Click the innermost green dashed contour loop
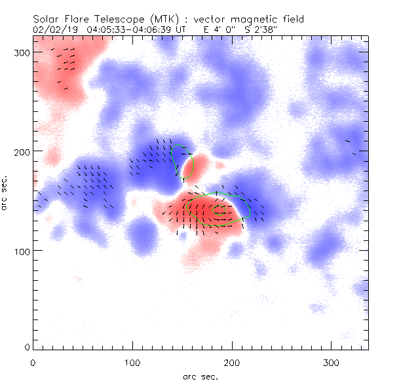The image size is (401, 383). [x=223, y=213]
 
